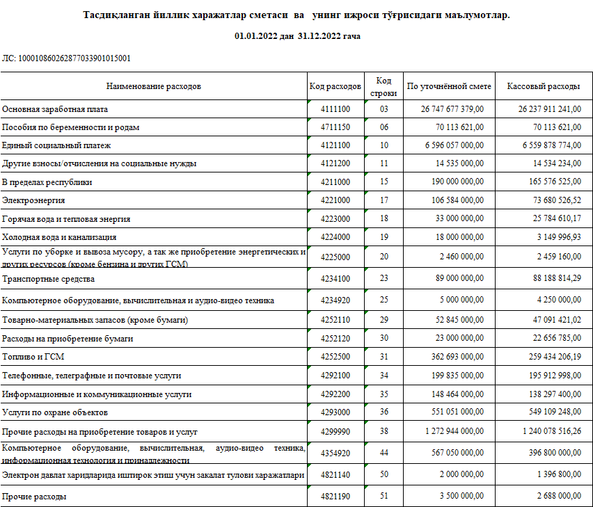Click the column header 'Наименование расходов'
click(x=153, y=87)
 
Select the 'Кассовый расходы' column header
click(x=543, y=87)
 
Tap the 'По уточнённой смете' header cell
click(x=450, y=87)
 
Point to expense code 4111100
click(x=335, y=110)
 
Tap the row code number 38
click(x=384, y=431)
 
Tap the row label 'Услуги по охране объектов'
click(x=55, y=412)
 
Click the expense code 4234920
click(x=335, y=300)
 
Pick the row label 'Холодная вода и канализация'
click(x=58, y=237)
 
